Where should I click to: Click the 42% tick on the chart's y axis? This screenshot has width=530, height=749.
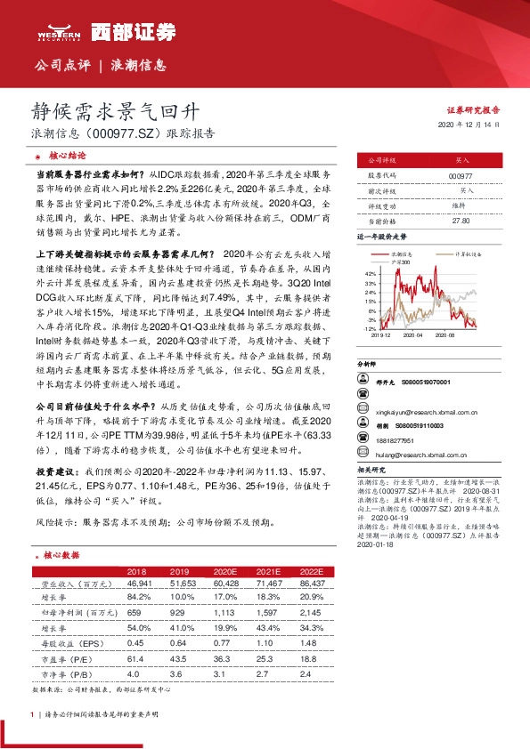370,271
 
